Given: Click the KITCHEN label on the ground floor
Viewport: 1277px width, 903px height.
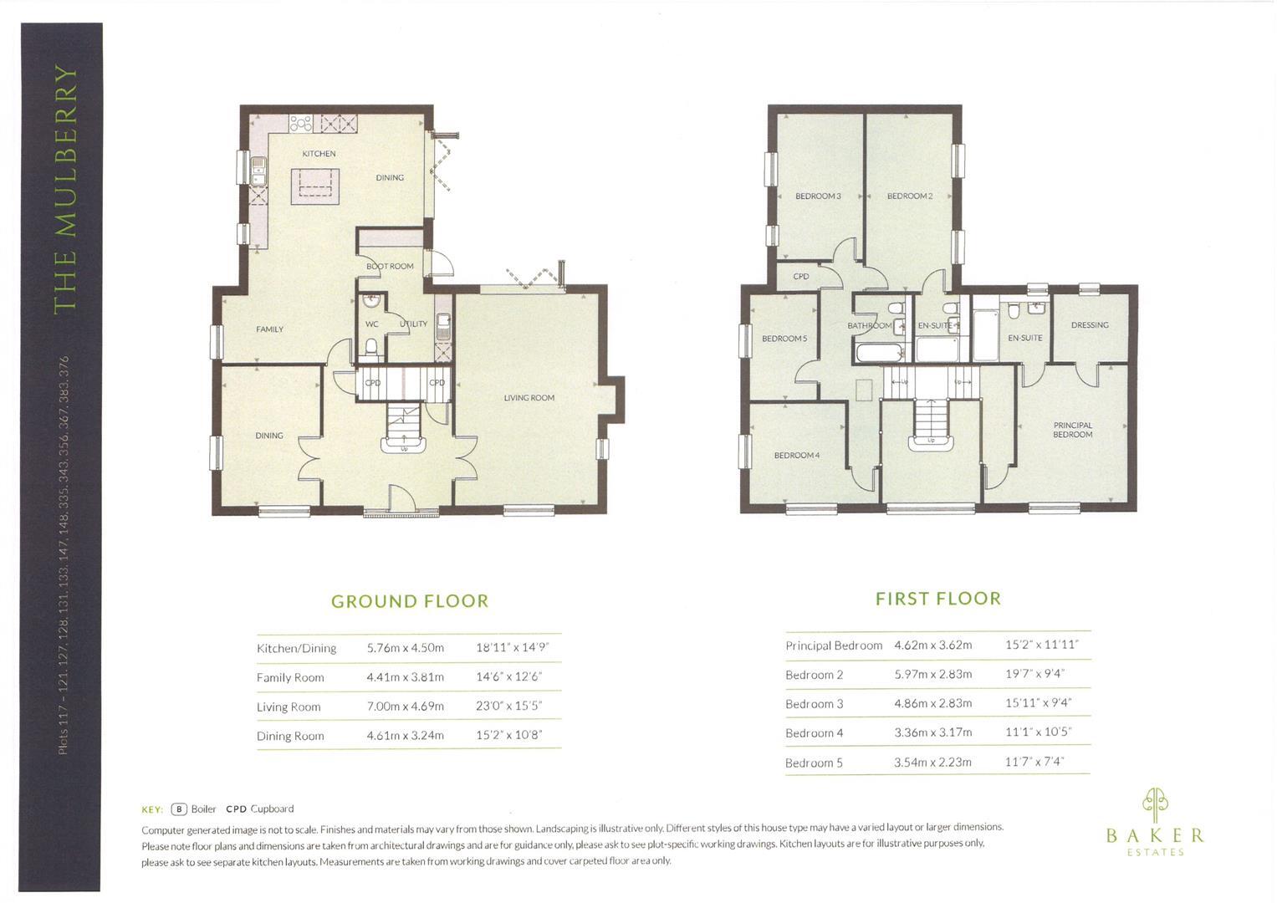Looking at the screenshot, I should click(319, 154).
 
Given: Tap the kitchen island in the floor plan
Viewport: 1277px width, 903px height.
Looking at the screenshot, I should click(315, 186).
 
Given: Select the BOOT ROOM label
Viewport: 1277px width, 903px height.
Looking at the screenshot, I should click(390, 267).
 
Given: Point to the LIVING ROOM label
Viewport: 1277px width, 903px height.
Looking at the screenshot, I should click(529, 398).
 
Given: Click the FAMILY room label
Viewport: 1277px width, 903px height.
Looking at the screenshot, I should click(269, 329).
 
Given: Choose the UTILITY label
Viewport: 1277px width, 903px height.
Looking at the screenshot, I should click(413, 324).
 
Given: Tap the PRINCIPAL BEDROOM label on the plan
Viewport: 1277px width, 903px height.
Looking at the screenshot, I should click(1072, 430).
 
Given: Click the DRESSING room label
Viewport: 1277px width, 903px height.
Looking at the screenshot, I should click(1089, 325).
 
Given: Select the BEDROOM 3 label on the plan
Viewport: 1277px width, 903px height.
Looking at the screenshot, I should click(817, 196).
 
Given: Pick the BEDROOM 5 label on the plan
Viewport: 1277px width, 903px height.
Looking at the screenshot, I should click(784, 339).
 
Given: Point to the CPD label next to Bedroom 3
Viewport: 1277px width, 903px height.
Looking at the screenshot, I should click(800, 277).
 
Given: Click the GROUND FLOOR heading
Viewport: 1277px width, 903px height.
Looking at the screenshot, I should click(409, 601).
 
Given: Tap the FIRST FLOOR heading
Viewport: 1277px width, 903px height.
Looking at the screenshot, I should click(937, 599).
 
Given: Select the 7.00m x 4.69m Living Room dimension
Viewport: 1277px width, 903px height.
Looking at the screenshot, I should click(405, 707).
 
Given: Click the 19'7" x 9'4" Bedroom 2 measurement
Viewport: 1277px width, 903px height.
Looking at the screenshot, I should click(1034, 674).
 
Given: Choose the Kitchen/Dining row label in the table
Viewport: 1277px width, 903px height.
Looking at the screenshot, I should click(296, 648).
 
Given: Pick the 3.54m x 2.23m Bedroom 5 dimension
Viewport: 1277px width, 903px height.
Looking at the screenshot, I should click(932, 763).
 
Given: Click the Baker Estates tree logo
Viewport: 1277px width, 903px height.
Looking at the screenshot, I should click(1155, 804).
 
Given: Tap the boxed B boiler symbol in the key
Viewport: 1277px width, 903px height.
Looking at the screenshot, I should click(178, 809).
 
